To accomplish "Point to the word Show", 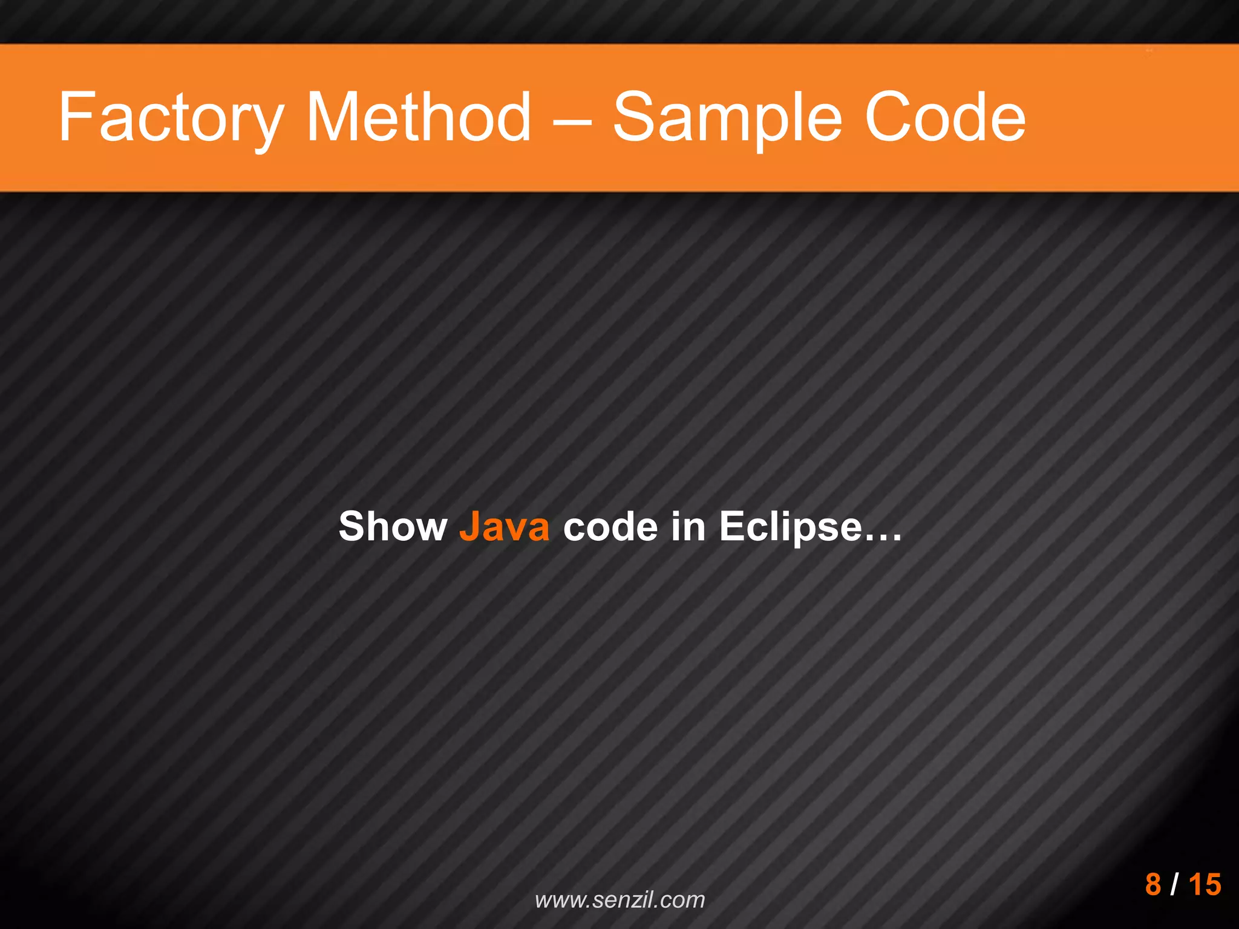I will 393,526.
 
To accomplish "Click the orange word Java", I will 504,526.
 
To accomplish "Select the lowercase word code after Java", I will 611,526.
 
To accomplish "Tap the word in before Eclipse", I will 688,526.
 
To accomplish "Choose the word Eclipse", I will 790,526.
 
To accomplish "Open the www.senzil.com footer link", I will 619,899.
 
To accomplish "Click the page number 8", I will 1153,884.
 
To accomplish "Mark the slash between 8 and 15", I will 1174,884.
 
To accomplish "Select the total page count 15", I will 1205,884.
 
